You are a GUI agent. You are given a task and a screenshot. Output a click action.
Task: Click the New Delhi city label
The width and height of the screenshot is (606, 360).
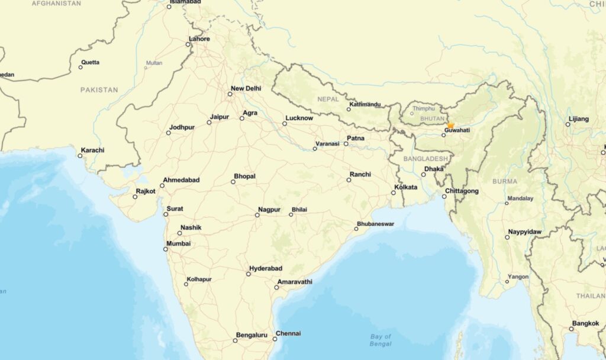point(246,89)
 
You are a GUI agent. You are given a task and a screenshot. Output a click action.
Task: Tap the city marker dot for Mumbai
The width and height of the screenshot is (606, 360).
point(166,249)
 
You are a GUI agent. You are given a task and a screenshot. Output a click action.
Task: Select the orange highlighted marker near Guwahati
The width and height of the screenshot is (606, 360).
point(450,126)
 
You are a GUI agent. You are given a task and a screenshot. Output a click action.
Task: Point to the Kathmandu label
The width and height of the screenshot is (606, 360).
point(365,105)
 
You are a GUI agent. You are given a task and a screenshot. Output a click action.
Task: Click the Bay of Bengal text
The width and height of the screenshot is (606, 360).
point(381,340)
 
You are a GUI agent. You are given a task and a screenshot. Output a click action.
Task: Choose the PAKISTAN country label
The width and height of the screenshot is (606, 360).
point(99,90)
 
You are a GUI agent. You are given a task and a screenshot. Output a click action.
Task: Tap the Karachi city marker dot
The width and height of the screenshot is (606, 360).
point(80,156)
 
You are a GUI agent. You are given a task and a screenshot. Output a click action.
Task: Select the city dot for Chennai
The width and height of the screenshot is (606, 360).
point(275,339)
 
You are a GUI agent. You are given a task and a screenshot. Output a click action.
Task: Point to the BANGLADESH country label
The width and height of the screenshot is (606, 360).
point(426,159)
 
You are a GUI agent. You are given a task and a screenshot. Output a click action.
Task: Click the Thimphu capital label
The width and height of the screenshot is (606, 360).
point(423,109)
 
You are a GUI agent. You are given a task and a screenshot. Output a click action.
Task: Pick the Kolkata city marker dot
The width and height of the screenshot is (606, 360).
point(394,193)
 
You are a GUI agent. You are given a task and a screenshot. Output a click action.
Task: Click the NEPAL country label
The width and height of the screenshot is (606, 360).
point(328,99)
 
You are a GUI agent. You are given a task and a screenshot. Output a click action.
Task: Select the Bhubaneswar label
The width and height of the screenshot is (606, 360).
point(375,224)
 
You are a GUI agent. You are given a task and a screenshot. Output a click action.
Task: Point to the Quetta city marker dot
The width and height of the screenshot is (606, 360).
point(80,67)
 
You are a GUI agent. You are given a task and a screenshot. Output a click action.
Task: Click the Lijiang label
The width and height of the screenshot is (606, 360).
point(579,119)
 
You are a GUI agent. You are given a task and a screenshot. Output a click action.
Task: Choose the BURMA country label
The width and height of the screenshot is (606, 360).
point(504,181)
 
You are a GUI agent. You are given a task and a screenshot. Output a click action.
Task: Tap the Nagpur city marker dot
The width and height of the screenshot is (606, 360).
point(257,215)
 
